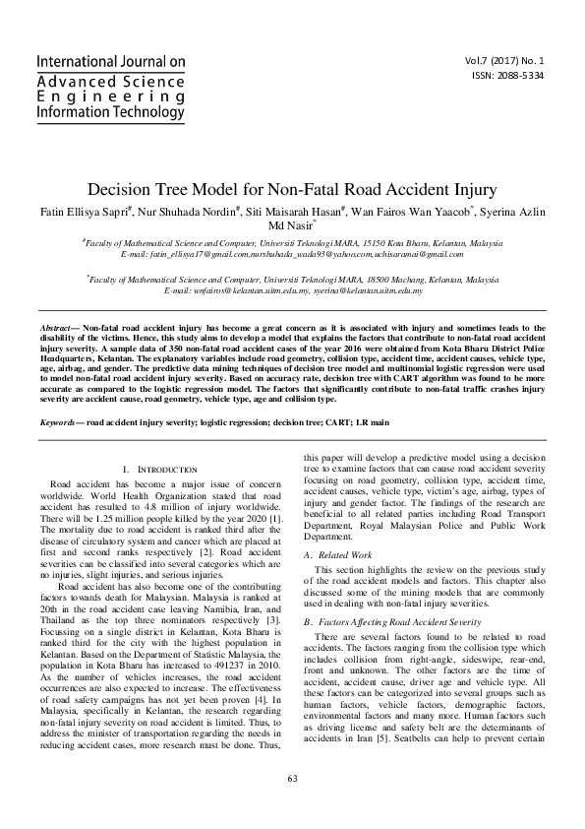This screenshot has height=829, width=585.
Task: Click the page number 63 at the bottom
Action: (x=292, y=806)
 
